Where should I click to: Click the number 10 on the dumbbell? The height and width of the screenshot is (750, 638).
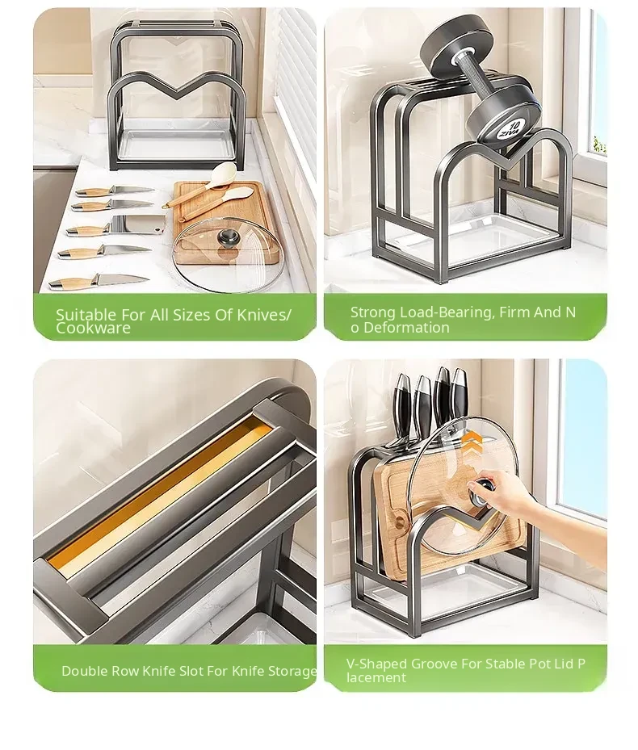click(514, 126)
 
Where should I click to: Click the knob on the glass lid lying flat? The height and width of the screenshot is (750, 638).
click(225, 237)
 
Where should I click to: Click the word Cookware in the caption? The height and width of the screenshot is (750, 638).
click(93, 328)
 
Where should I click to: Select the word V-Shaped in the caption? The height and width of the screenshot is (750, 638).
click(376, 664)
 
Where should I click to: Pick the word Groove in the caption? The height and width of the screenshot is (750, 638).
click(434, 664)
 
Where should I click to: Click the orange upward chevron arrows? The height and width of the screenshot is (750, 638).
click(472, 440)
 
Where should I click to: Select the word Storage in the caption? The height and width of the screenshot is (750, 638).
click(292, 671)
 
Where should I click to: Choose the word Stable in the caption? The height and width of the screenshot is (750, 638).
click(504, 664)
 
